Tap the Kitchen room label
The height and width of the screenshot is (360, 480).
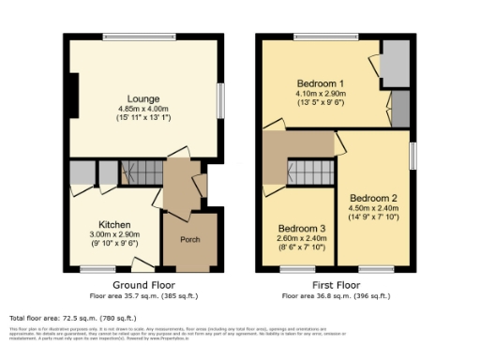tap(113, 226)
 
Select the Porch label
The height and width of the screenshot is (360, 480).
tap(189, 239)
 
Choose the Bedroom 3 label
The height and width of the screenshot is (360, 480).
tap(302, 229)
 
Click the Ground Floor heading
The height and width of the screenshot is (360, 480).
tap(144, 284)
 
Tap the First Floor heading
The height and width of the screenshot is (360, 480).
tap(337, 284)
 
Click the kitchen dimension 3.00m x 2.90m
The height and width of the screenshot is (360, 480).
tap(113, 235)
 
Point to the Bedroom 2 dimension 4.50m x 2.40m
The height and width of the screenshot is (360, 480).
tap(374, 209)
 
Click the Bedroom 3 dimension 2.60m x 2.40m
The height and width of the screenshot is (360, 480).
tap(302, 239)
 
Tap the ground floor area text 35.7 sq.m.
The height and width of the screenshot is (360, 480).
tap(144, 294)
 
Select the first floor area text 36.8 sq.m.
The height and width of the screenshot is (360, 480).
tap(337, 294)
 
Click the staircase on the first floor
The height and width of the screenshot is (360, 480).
tap(308, 172)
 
